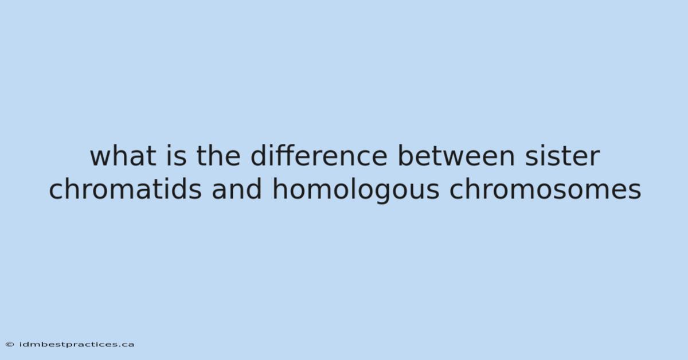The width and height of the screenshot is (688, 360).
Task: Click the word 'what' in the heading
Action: [123, 156]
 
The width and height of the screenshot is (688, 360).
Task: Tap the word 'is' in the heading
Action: [177, 156]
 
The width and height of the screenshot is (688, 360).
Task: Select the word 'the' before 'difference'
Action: [218, 156]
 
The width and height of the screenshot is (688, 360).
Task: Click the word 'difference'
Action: [319, 156]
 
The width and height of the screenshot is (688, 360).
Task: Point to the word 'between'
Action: [456, 156]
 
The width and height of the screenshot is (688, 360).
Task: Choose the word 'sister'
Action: [562, 156]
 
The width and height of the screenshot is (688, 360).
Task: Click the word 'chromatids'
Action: [125, 189]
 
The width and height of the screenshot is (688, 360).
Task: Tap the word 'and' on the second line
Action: [237, 189]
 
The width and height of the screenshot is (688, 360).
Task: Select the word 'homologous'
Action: [356, 190]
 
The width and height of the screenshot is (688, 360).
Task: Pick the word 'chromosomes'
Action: [545, 189]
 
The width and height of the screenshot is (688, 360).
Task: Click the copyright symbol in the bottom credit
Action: [10, 345]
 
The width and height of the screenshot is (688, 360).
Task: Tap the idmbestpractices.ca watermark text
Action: [77, 345]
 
